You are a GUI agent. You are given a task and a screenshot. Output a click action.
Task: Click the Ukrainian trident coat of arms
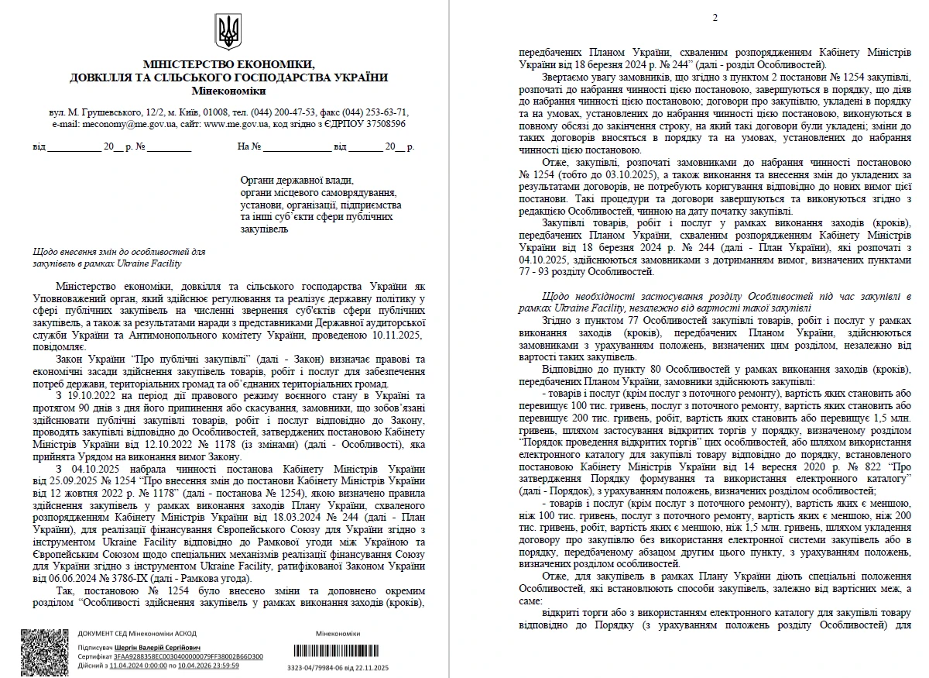[228, 32]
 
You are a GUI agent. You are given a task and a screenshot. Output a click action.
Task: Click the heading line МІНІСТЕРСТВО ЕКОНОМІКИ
[228, 64]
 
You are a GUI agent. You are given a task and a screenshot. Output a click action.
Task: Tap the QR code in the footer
[44, 651]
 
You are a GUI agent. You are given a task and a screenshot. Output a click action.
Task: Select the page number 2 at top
[715, 18]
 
